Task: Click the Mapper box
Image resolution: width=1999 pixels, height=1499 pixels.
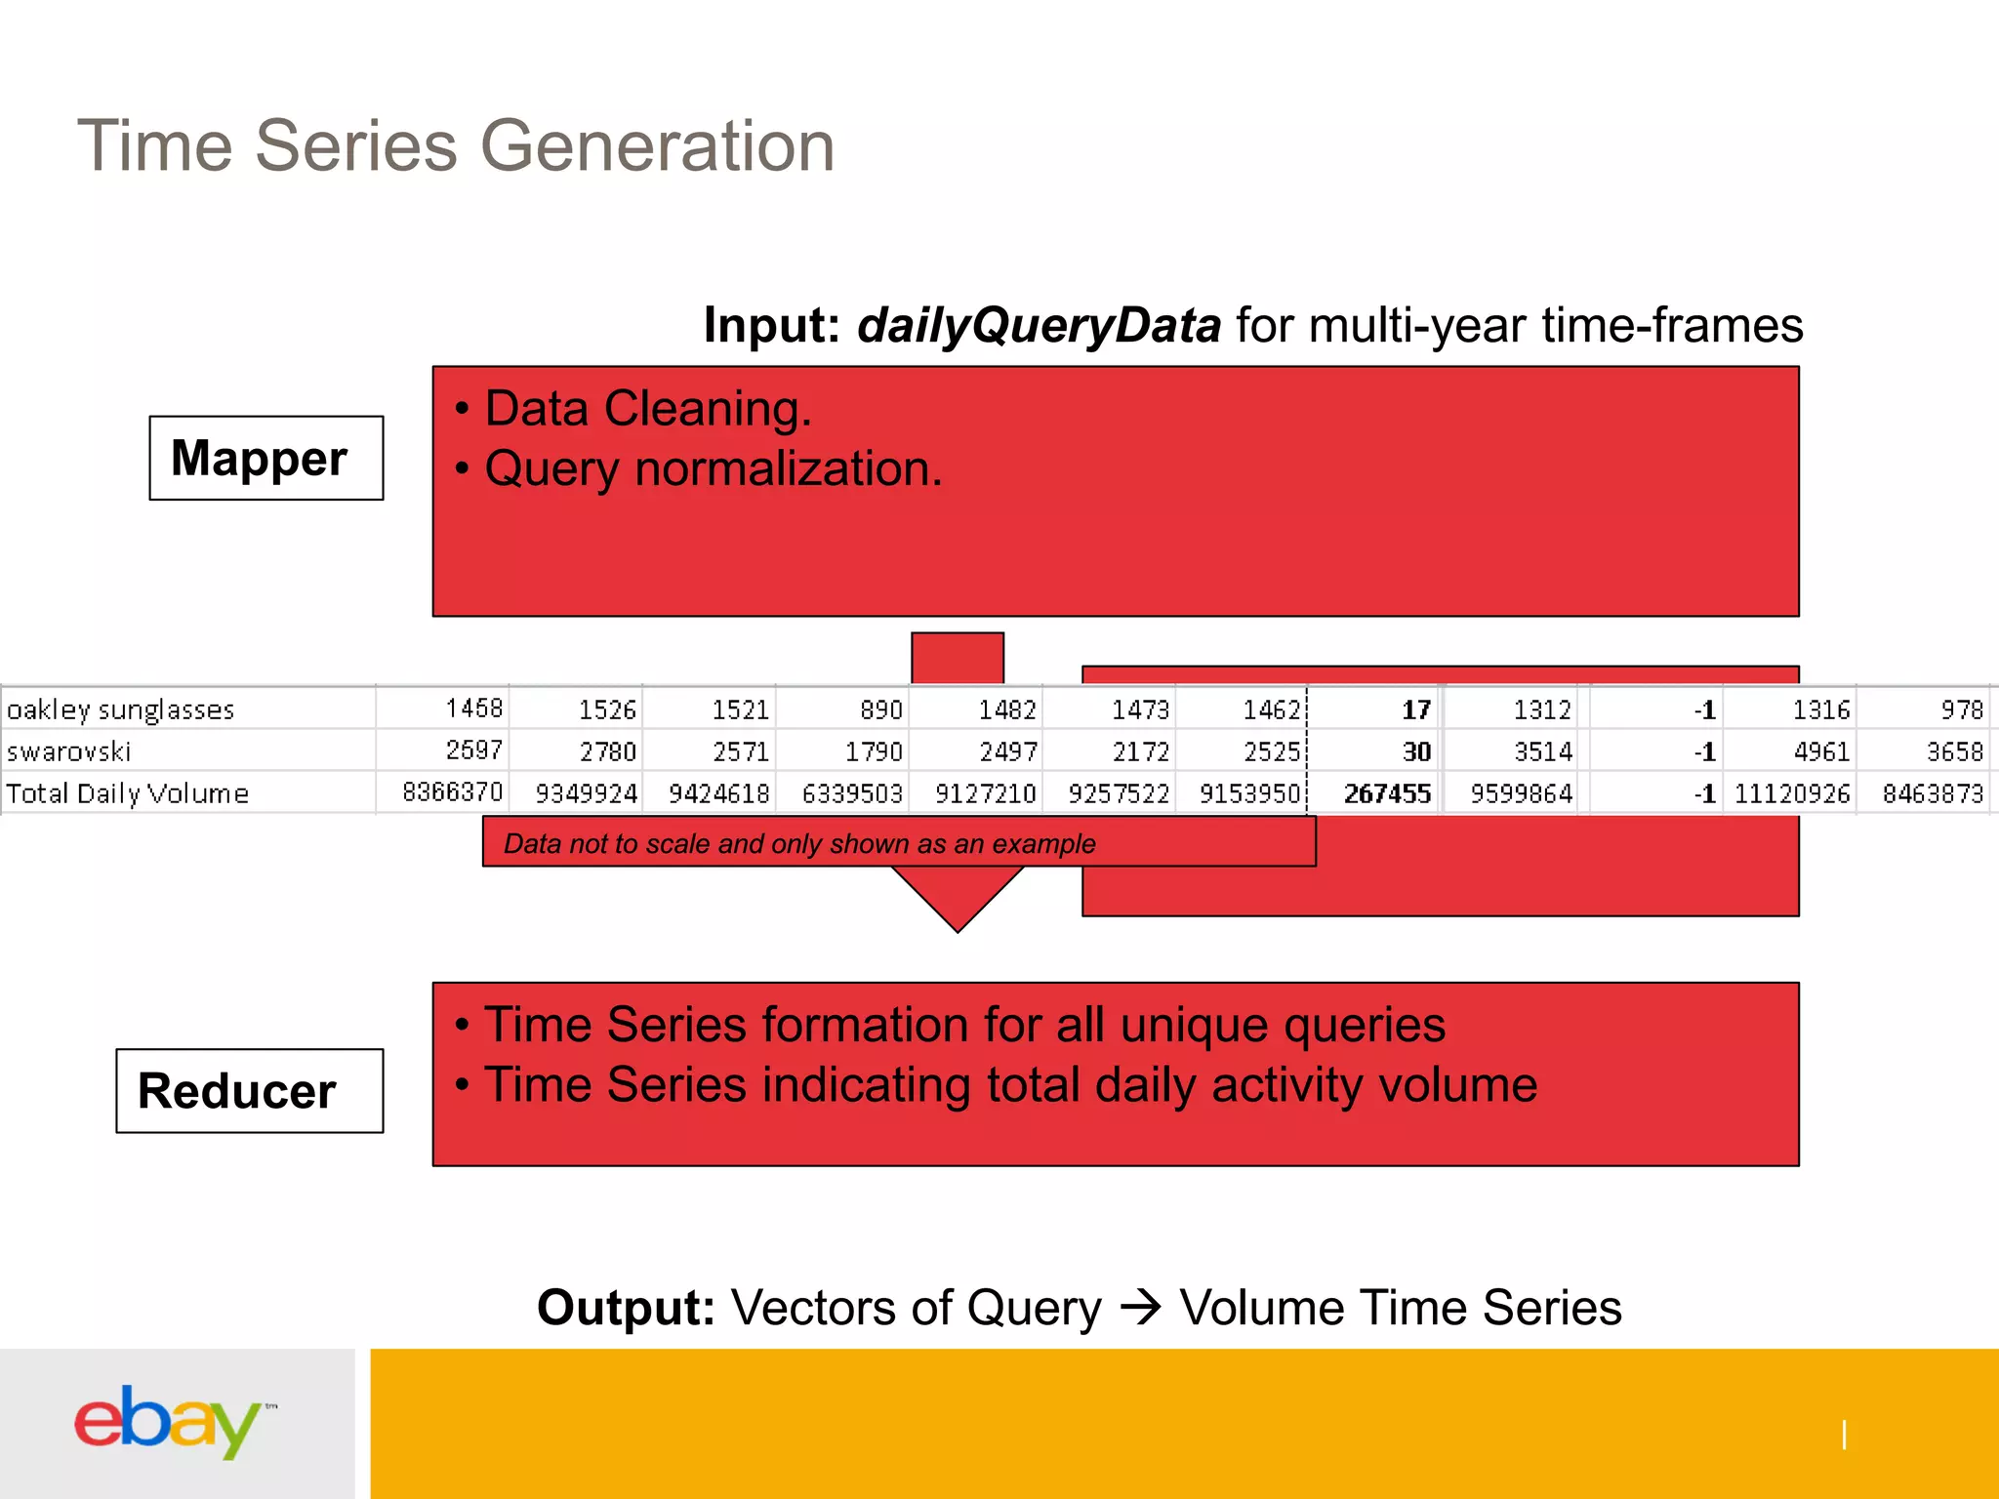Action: point(265,458)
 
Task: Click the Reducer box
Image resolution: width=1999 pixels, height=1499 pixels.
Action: point(249,1091)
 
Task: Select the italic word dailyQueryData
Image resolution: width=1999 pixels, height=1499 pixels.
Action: point(1039,325)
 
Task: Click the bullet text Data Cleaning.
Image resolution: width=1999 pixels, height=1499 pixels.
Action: point(648,408)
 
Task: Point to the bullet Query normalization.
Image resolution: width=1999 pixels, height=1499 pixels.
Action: point(714,469)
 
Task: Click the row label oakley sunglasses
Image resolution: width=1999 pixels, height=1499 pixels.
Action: point(121,709)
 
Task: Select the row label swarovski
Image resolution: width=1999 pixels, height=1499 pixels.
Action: point(69,751)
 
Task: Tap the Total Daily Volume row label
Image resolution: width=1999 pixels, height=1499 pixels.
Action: point(128,793)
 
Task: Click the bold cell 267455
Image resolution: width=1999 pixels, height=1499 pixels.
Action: point(1386,793)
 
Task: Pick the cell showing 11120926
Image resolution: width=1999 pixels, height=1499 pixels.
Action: point(1791,793)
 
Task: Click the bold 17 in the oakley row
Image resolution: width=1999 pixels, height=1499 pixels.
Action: point(1415,709)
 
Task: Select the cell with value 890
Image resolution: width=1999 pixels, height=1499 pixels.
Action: point(880,709)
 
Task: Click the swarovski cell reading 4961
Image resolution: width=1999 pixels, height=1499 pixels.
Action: point(1820,751)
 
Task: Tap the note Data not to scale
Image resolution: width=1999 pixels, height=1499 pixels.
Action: point(799,843)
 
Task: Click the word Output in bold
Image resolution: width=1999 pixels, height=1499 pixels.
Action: point(626,1308)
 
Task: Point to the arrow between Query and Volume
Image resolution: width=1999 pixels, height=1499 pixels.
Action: point(1140,1307)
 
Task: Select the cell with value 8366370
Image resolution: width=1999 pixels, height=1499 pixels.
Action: point(452,791)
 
